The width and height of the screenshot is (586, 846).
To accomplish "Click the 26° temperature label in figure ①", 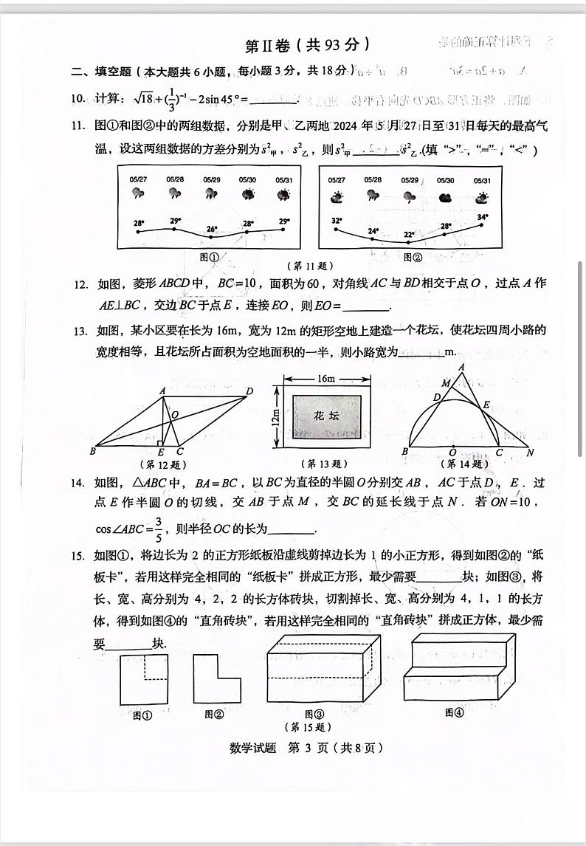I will [x=211, y=229].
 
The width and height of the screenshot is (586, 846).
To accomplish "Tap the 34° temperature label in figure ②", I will [x=483, y=217].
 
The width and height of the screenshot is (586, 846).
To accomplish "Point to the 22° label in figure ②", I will [x=408, y=235].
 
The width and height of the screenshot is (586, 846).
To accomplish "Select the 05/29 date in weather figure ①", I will [x=211, y=179].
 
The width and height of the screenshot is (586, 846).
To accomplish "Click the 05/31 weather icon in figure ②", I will [x=482, y=197].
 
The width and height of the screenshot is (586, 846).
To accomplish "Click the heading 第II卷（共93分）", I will [x=306, y=45].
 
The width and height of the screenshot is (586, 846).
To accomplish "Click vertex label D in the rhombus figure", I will [x=249, y=391].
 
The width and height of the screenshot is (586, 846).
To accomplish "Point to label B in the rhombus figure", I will [x=93, y=451].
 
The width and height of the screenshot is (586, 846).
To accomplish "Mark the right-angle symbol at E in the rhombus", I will [x=160, y=443].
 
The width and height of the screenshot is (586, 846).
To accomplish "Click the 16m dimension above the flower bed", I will [x=325, y=378].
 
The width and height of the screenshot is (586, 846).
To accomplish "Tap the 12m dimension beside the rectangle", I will [x=275, y=418].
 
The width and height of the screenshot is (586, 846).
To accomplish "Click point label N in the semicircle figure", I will [x=530, y=452].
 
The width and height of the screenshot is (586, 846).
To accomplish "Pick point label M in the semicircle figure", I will [x=445, y=383].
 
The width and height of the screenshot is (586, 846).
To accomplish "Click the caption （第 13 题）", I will [x=324, y=464].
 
